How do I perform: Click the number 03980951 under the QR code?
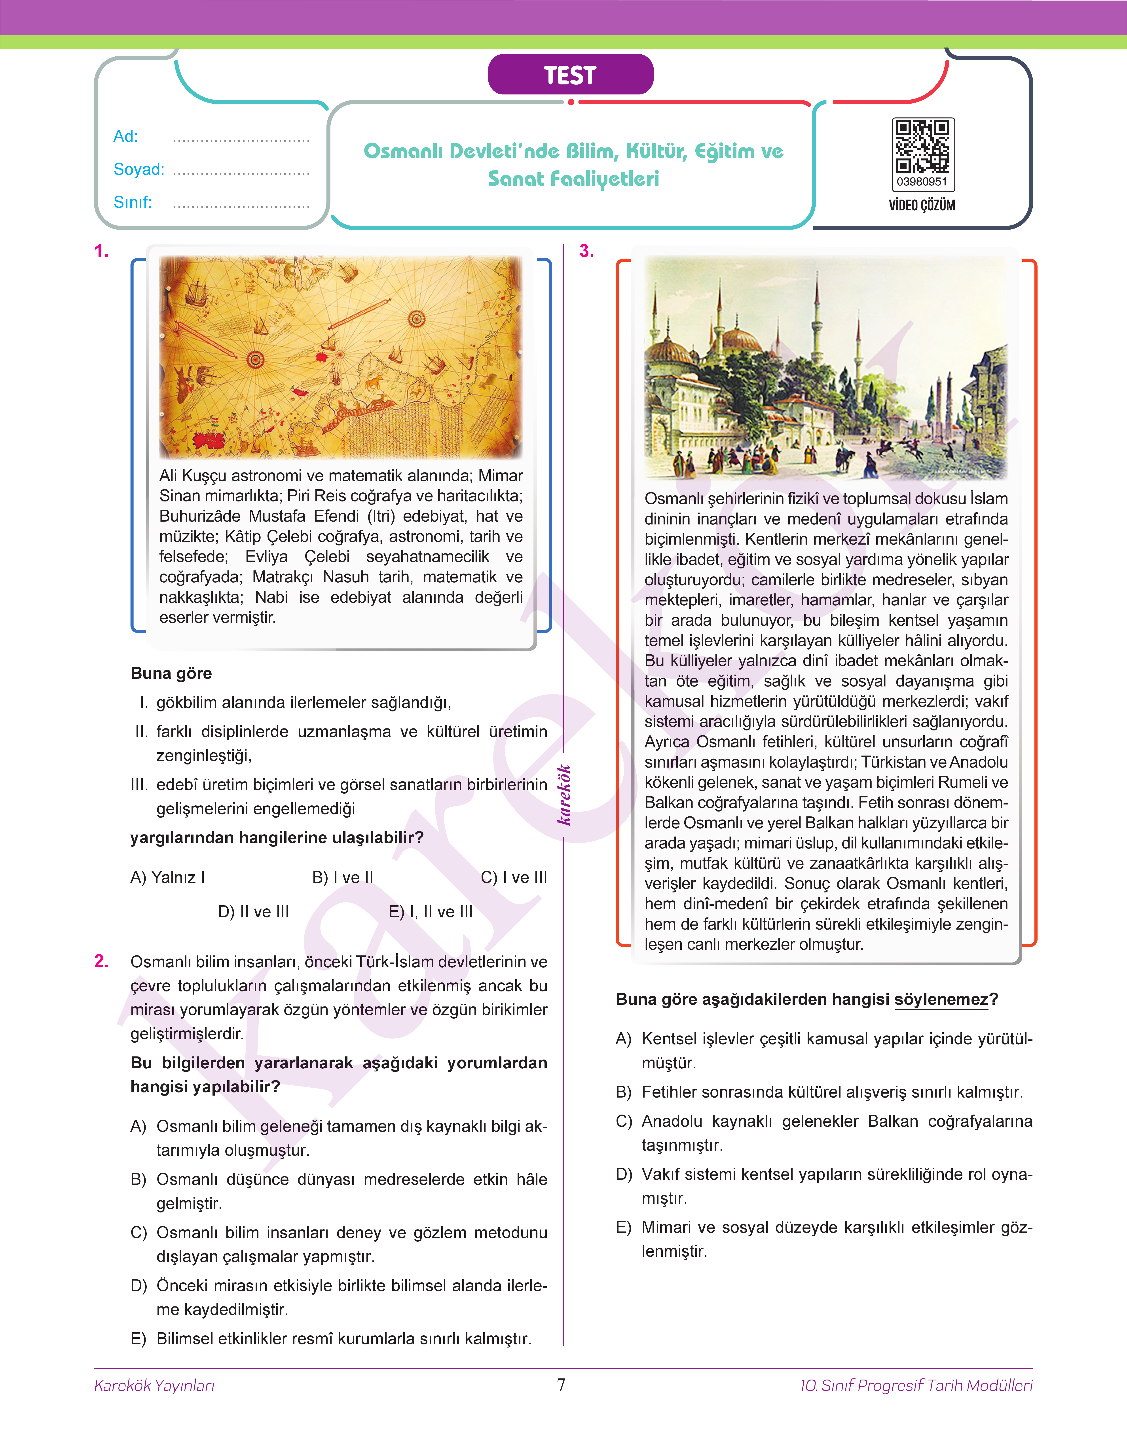922,181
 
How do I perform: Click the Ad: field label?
125,137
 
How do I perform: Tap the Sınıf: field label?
132,202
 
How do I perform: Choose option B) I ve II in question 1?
342,877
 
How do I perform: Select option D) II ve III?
253,912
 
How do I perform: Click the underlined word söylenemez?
942,999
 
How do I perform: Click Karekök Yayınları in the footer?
154,1386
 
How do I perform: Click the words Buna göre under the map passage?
171,673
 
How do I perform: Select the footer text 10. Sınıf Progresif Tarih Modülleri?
916,1386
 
